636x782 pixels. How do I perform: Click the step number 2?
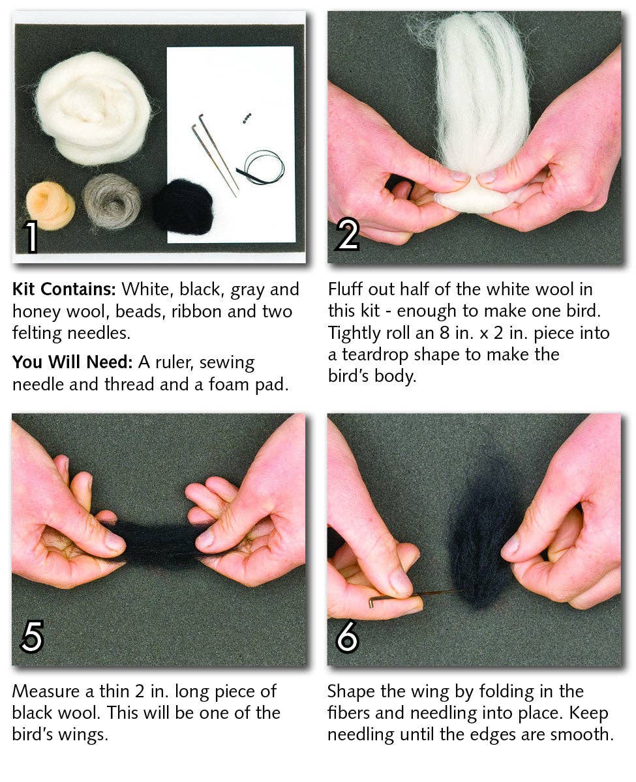(x=347, y=235)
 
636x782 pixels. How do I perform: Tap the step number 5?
(x=31, y=637)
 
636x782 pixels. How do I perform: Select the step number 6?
(x=347, y=637)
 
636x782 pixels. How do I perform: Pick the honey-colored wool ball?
(x=50, y=205)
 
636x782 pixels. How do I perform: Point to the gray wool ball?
(x=112, y=201)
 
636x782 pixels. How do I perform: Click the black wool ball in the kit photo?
(x=183, y=206)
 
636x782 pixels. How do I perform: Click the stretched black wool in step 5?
(x=157, y=543)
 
